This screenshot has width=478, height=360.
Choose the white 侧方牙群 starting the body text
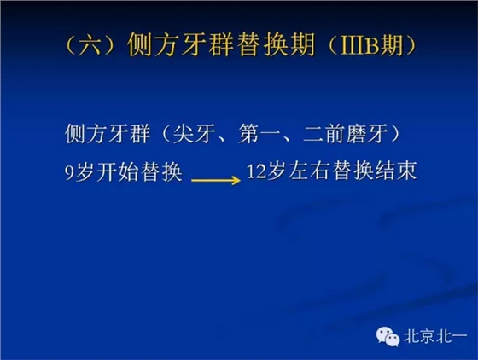pyautogui.click(x=100, y=136)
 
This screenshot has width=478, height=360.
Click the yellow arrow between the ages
pyautogui.click(x=213, y=179)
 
